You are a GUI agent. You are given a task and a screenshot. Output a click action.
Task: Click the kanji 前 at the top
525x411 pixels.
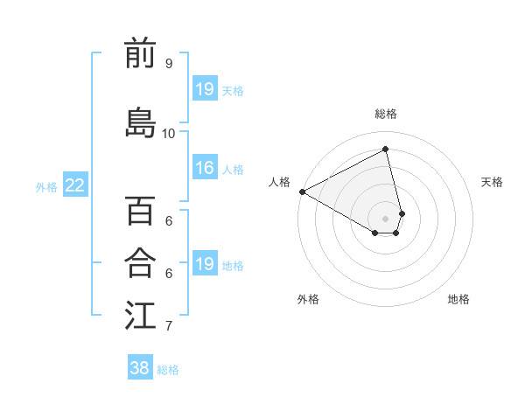140,53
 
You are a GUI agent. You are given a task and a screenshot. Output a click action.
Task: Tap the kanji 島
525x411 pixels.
140,123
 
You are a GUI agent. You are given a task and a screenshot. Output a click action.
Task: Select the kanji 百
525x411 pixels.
140,211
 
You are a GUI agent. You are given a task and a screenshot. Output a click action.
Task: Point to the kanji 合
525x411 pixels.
140,261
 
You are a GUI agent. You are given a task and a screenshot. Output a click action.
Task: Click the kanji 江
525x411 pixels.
140,315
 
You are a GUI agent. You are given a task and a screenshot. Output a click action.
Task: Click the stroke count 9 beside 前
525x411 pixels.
168,64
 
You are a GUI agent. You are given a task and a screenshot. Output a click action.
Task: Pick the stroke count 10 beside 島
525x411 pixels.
169,134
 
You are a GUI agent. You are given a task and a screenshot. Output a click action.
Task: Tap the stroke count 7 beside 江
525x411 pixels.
168,326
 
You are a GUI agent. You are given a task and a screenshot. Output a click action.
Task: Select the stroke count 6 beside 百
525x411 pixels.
168,221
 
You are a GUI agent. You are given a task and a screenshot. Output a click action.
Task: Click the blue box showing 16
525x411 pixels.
204,168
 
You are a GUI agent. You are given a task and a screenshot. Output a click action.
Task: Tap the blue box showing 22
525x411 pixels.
74,185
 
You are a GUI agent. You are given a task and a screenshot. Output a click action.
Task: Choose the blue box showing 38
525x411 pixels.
140,368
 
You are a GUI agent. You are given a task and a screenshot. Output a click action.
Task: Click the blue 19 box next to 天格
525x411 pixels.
204,89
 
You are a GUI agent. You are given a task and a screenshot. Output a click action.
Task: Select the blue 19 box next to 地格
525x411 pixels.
204,264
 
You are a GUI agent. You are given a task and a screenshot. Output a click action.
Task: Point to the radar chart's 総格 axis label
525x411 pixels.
386,114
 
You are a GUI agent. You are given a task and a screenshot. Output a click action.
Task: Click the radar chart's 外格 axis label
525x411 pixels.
308,299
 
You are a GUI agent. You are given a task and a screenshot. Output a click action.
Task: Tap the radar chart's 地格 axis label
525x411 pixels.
458,299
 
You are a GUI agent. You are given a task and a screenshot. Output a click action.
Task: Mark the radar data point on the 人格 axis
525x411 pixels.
302,192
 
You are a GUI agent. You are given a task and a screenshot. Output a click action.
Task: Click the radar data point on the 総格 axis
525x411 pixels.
386,150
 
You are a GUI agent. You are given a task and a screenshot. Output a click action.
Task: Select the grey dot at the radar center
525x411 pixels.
386,218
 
